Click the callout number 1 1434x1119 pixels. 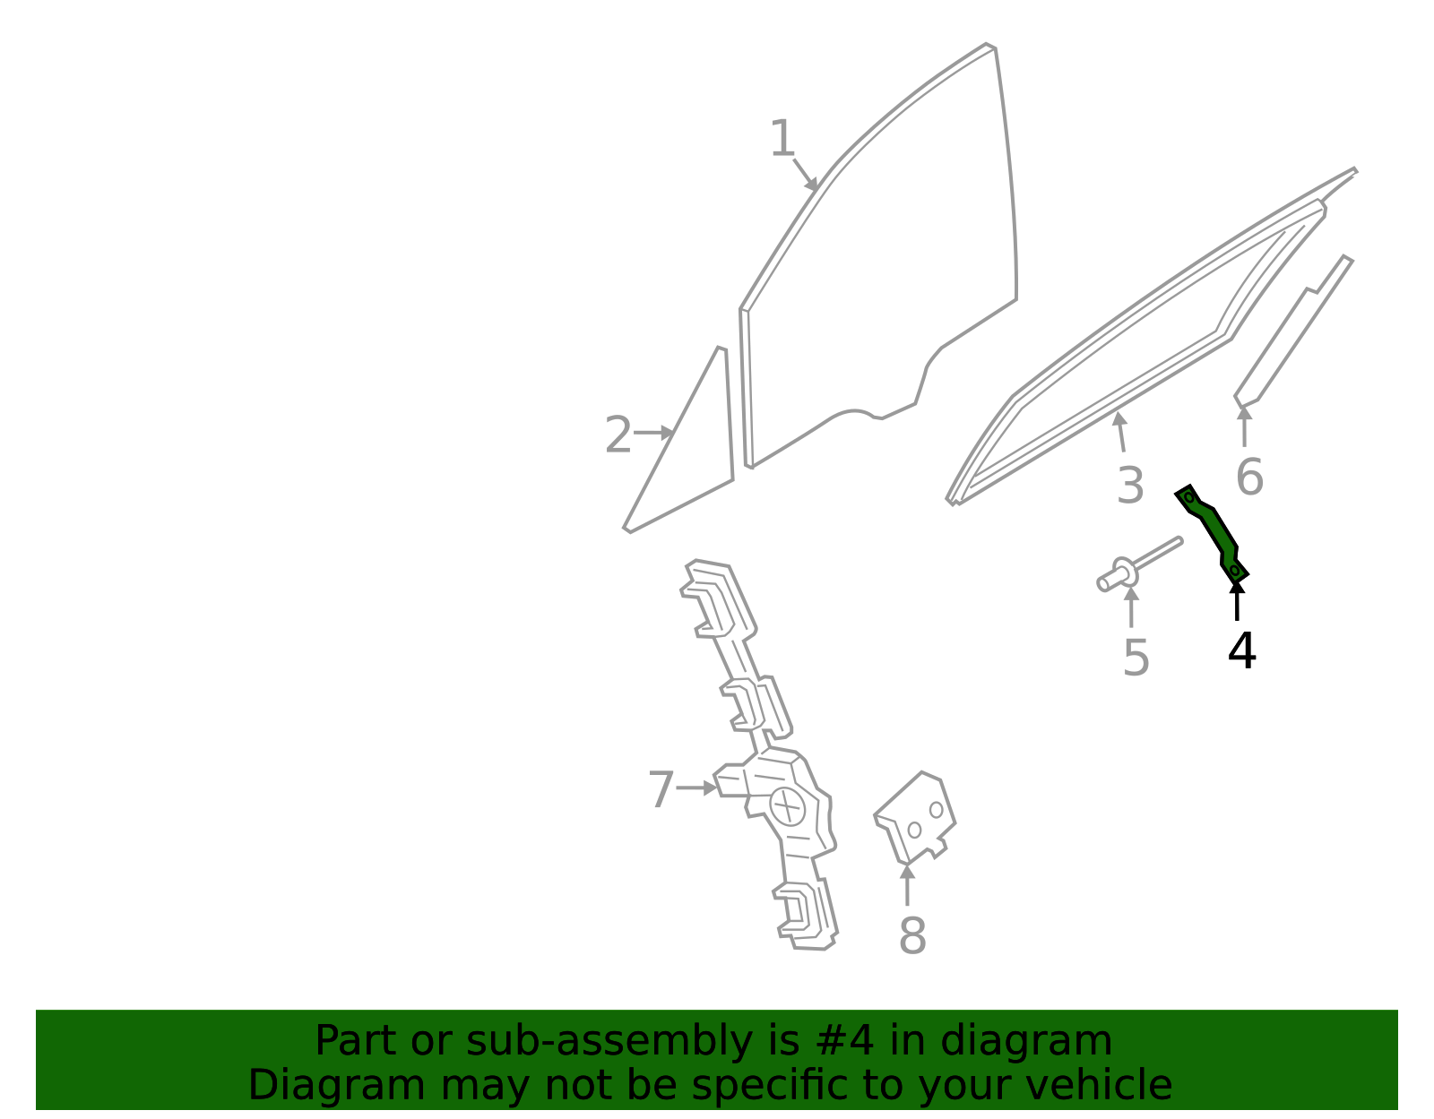click(782, 139)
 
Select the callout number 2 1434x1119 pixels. click(618, 435)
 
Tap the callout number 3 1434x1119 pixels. click(1130, 486)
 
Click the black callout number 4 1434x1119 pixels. click(1241, 650)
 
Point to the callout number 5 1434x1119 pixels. click(1136, 658)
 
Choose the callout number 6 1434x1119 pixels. click(1249, 477)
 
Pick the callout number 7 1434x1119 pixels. click(661, 789)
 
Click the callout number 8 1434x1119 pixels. click(912, 935)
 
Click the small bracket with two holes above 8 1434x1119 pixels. click(916, 818)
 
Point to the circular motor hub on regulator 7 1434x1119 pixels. click(787, 806)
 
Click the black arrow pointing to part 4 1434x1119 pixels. click(1237, 600)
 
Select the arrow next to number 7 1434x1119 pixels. click(697, 788)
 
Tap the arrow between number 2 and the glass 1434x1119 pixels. click(654, 434)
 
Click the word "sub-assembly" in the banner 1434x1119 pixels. click(609, 1041)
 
